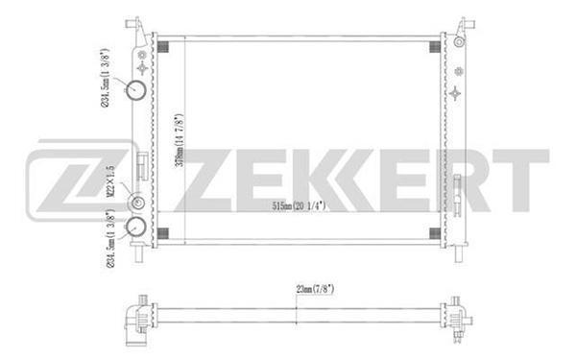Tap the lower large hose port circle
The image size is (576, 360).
point(136,228)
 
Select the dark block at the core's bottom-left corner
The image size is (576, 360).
point(162,233)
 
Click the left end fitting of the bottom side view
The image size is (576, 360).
point(137,316)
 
